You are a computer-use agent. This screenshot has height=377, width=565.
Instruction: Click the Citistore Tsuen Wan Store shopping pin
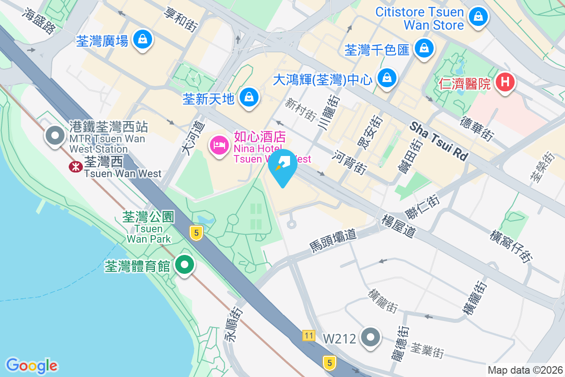(478, 17)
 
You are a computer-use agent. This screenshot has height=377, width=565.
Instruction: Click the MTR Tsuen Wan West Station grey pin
(55, 136)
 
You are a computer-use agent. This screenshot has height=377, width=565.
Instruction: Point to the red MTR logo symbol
(75, 166)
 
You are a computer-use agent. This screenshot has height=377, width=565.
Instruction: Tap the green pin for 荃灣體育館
(185, 265)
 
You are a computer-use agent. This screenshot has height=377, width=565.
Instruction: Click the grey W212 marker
(371, 337)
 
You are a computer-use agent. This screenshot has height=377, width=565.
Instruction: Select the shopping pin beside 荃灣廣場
(142, 40)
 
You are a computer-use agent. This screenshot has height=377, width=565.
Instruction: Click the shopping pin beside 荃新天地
(248, 98)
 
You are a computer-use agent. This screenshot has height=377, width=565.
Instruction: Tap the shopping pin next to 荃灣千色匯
(424, 48)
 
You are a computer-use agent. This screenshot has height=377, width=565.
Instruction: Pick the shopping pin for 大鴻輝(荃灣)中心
(387, 77)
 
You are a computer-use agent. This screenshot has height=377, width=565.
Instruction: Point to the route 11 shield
(309, 336)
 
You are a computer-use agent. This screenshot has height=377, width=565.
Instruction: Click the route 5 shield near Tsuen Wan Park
(196, 232)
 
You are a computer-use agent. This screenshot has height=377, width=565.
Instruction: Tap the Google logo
(32, 366)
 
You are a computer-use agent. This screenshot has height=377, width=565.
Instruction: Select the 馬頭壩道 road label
(333, 239)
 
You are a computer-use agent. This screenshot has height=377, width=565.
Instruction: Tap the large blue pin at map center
(282, 166)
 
